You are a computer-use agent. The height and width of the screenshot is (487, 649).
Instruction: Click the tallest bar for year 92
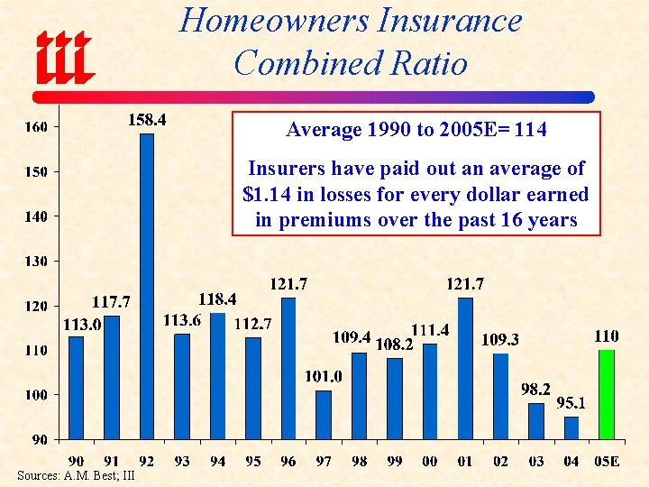pyautogui.click(x=147, y=286)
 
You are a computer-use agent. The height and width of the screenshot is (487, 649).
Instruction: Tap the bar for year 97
pyautogui.click(x=324, y=414)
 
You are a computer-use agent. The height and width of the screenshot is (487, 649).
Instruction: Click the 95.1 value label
pyautogui.click(x=571, y=403)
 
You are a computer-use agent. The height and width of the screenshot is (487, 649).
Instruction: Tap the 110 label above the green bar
pyautogui.click(x=606, y=335)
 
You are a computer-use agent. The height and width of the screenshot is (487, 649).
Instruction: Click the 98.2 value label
pyautogui.click(x=535, y=390)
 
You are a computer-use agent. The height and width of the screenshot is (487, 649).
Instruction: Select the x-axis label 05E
pyautogui.click(x=605, y=461)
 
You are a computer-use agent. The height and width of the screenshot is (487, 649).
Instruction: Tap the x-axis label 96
pyautogui.click(x=288, y=461)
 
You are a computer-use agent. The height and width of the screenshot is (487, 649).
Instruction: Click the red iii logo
pyautogui.click(x=65, y=56)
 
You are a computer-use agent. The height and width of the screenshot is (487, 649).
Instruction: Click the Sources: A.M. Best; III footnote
pyautogui.click(x=76, y=475)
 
